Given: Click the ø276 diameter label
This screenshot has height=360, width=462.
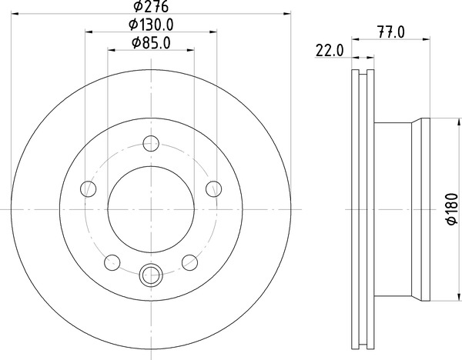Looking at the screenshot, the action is (x=151, y=6).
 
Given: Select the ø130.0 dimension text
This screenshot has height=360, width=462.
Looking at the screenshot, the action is (x=151, y=25).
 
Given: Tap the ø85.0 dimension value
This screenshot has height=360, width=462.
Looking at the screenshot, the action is (x=151, y=43).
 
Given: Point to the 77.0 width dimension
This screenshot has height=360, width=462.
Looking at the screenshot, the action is (x=391, y=32).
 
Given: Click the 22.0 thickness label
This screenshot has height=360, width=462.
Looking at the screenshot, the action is (x=330, y=50).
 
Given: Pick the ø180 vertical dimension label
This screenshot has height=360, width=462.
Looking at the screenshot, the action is (x=452, y=209).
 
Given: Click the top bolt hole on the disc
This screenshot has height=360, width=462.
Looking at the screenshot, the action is (x=151, y=143).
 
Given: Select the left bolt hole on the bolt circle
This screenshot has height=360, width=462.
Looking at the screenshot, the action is (x=88, y=188).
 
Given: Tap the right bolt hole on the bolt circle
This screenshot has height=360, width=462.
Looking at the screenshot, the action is (x=214, y=188).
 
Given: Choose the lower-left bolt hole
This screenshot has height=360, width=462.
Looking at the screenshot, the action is (x=112, y=262).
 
